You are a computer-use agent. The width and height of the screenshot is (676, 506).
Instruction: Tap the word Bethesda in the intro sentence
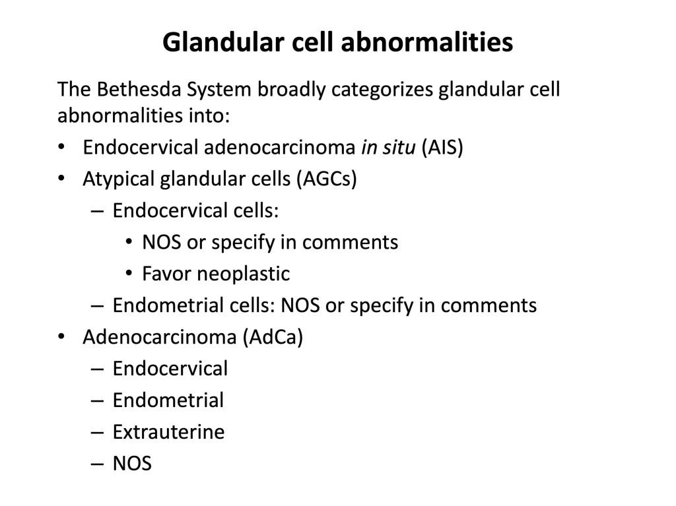pyautogui.click(x=139, y=89)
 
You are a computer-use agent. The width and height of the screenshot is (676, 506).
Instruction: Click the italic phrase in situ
pyautogui.click(x=388, y=147)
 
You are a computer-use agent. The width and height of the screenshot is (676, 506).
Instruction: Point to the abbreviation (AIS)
pyautogui.click(x=442, y=147)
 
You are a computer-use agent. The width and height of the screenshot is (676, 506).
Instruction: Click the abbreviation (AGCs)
pyautogui.click(x=327, y=179)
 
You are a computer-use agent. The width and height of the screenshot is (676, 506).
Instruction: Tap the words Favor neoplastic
pyautogui.click(x=216, y=274)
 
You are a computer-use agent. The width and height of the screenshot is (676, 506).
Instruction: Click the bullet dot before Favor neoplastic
pyautogui.click(x=129, y=273)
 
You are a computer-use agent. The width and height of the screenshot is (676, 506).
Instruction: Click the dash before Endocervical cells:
pyautogui.click(x=98, y=211)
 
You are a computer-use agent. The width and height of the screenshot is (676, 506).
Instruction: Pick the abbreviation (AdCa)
pyautogui.click(x=273, y=337)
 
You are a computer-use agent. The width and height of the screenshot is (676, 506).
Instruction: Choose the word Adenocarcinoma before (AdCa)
pyautogui.click(x=160, y=337)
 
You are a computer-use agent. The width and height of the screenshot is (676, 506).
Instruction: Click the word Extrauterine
pyautogui.click(x=168, y=432)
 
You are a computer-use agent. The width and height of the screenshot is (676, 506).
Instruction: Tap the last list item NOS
pyautogui.click(x=132, y=464)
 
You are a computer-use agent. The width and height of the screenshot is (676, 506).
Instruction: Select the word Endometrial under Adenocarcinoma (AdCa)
pyautogui.click(x=168, y=400)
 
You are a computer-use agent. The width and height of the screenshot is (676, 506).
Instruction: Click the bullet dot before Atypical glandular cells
pyautogui.click(x=61, y=178)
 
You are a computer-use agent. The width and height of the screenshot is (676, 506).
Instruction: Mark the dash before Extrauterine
pyautogui.click(x=98, y=433)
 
